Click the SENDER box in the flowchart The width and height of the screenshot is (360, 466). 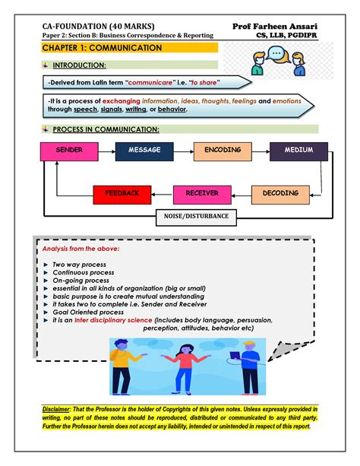pyautogui.click(x=69, y=151)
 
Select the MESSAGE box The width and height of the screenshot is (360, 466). pyautogui.click(x=144, y=151)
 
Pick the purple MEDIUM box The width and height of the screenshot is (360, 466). pyautogui.click(x=298, y=151)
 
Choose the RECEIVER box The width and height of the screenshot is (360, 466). pyautogui.click(x=201, y=194)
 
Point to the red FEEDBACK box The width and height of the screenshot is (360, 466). pyautogui.click(x=122, y=194)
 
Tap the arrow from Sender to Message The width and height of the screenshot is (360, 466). pyautogui.click(x=106, y=151)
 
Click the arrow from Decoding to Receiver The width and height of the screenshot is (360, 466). pyautogui.click(x=242, y=194)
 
